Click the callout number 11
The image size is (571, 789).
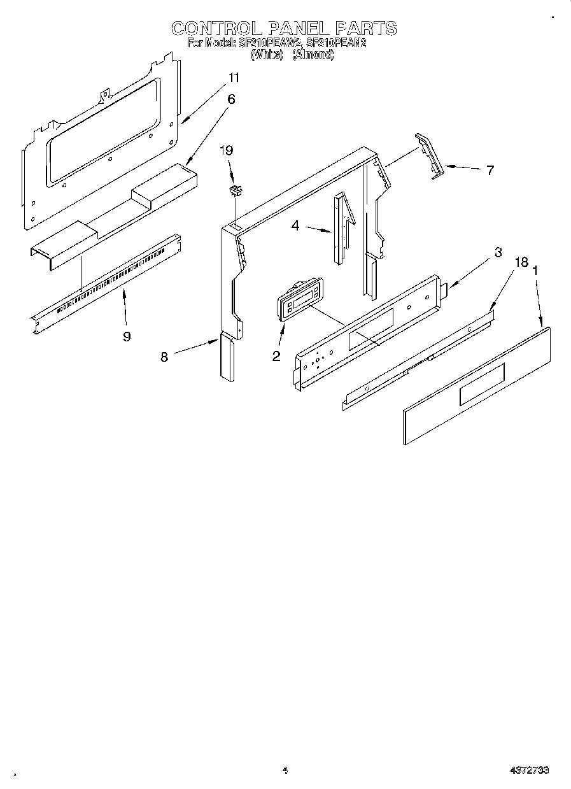click(x=234, y=78)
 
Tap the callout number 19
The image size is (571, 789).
click(x=226, y=151)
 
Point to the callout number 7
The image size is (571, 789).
click(x=490, y=170)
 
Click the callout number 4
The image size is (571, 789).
click(x=295, y=225)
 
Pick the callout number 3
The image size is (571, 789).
click(x=498, y=253)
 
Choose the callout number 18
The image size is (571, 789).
click(x=521, y=262)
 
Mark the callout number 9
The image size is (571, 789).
click(x=127, y=336)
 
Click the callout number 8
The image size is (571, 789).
click(x=164, y=357)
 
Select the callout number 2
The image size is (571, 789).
click(x=276, y=356)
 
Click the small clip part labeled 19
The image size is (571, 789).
click(x=237, y=189)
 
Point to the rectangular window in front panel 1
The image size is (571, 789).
click(x=482, y=384)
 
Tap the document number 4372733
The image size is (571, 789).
click(x=529, y=771)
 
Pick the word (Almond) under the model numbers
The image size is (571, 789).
click(x=313, y=55)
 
